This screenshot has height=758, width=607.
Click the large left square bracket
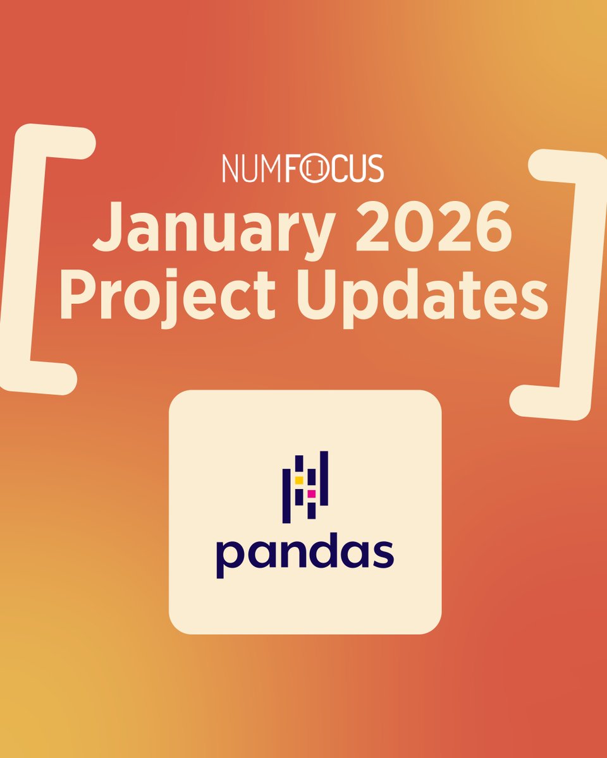[x=38, y=259]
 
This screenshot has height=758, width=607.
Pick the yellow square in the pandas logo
[x=298, y=480]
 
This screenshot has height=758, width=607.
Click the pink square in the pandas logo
[x=311, y=493]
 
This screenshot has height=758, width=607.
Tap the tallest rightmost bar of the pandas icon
[x=324, y=478]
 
